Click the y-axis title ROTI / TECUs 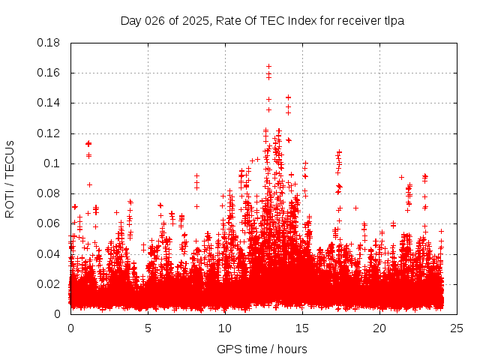coord(10,178)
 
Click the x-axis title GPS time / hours coord(262,349)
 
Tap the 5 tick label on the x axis coord(148,328)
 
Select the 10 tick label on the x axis coord(225,328)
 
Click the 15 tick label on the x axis coord(302,328)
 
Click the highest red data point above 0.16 coord(268,67)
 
